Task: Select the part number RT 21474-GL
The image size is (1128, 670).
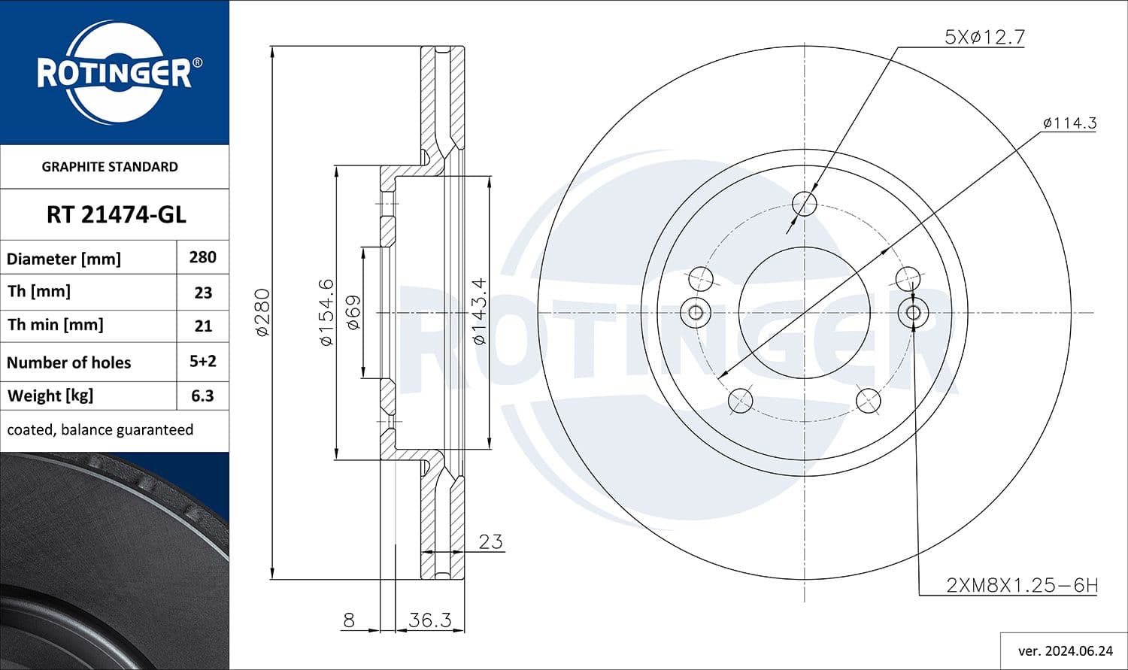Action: click(x=116, y=215)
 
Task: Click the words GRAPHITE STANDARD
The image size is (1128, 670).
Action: click(x=110, y=167)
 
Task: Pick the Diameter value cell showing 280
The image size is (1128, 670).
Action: click(x=202, y=257)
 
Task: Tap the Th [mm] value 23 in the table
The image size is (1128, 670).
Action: click(x=202, y=293)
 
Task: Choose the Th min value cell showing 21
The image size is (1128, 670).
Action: click(x=202, y=326)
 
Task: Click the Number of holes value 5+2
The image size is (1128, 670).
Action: click(x=202, y=361)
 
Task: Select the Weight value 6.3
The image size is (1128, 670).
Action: click(x=202, y=396)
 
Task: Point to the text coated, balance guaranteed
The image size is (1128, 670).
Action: click(x=100, y=430)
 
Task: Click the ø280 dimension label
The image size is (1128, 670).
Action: click(x=262, y=312)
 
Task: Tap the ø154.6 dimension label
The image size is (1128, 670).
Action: click(x=326, y=312)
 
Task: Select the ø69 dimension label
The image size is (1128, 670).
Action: click(x=353, y=312)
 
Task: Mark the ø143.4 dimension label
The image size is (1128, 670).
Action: click(x=479, y=312)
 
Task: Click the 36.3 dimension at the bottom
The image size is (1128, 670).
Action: click(x=429, y=620)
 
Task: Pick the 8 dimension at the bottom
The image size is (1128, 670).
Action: click(x=348, y=620)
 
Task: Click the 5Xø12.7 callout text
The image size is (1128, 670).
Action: click(x=984, y=37)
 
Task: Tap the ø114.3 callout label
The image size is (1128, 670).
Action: click(x=1069, y=123)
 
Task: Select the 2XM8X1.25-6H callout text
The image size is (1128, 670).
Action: click(x=1021, y=585)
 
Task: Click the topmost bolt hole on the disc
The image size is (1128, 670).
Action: click(x=804, y=203)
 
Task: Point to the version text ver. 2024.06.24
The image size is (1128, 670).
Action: click(x=1065, y=650)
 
